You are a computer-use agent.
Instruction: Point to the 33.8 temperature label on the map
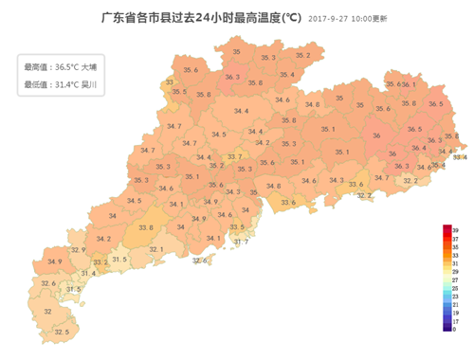point(145,227)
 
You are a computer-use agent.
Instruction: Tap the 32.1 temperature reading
point(155,249)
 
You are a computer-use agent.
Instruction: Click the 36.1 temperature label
point(409,84)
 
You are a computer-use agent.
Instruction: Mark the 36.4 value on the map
point(418,148)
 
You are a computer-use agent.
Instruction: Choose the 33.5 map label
point(237,227)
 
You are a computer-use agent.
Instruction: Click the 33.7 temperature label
point(234,156)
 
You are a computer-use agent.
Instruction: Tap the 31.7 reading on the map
point(241,242)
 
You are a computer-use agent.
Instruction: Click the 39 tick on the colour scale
point(456,230)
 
